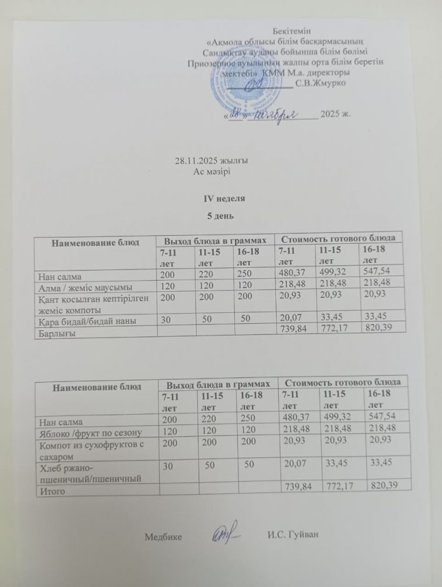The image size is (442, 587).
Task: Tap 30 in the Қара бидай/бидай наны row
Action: point(168,319)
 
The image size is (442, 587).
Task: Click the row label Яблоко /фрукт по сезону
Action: point(90,432)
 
